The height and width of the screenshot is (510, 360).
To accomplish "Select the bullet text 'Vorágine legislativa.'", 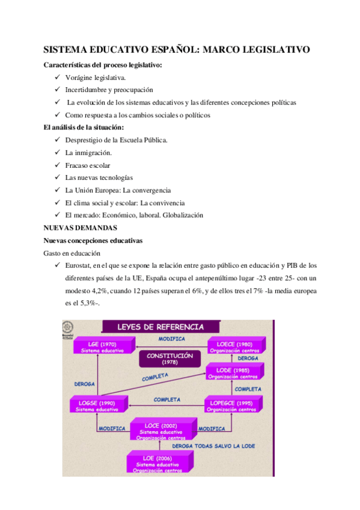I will tap(96, 78).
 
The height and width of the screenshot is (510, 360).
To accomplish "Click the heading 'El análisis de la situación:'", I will tap(84, 127).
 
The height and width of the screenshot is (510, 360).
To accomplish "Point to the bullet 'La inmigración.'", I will tap(88, 152).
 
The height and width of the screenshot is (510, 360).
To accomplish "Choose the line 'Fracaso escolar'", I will tap(88, 165).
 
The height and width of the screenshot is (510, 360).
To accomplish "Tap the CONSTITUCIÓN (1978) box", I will tap(169, 358).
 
